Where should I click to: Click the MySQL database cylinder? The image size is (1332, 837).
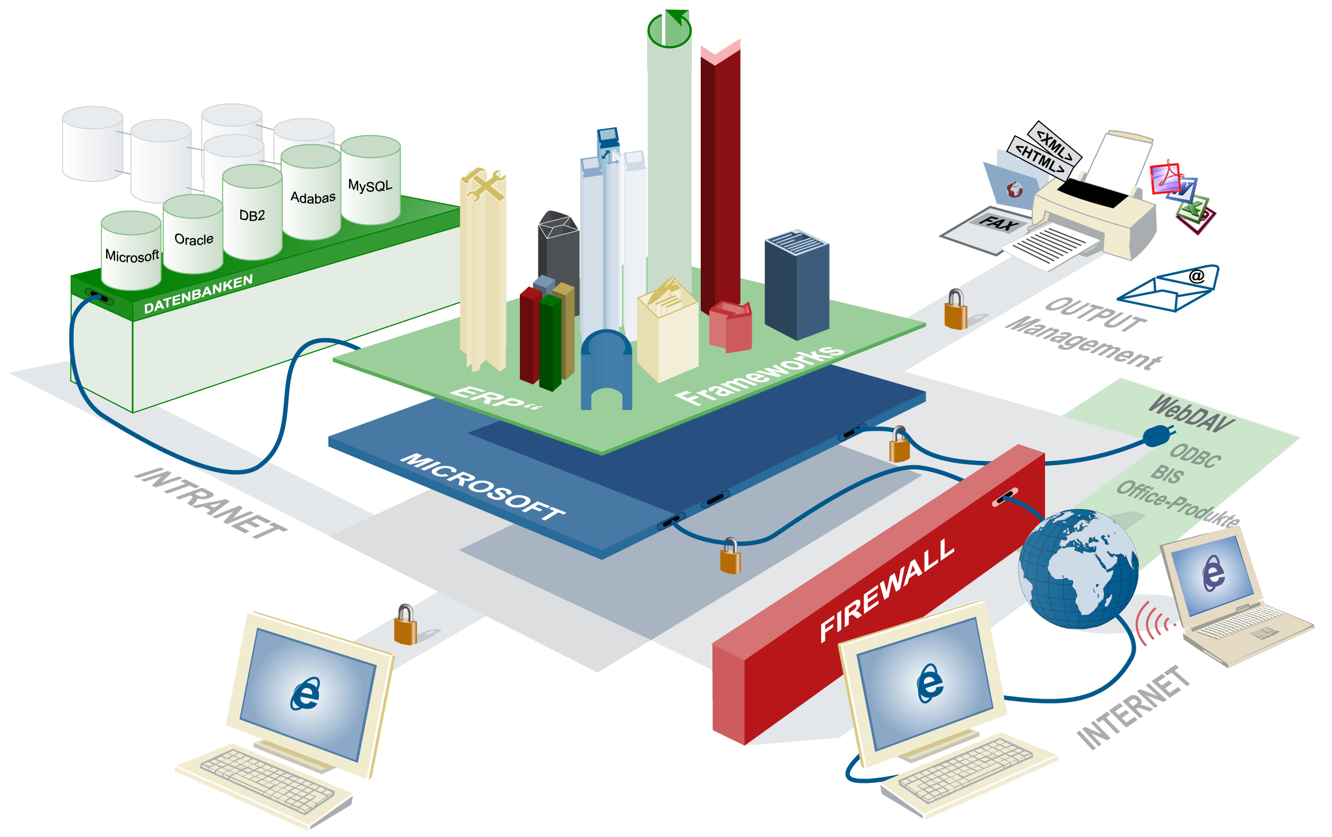370,182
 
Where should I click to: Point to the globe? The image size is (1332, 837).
1078,570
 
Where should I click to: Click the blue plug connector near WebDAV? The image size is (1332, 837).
1158,436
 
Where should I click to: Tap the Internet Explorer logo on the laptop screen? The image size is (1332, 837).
1213,573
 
